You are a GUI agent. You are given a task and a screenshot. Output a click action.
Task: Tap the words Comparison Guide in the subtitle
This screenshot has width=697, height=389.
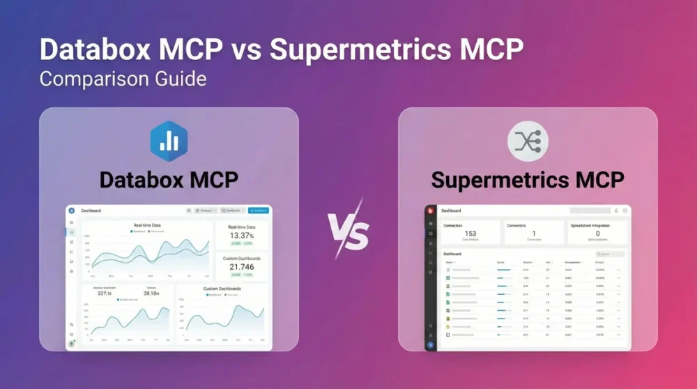click(123, 78)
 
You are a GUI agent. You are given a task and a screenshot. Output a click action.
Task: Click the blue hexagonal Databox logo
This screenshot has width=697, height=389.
click(169, 139)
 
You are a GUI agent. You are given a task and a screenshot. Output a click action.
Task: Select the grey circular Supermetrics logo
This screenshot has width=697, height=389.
click(528, 140)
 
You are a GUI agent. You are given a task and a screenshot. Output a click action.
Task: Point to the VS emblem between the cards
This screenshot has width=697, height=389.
click(348, 229)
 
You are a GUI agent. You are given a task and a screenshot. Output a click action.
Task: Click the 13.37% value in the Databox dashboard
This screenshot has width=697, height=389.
click(242, 236)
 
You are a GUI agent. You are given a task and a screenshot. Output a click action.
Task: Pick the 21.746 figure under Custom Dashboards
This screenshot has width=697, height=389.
click(242, 267)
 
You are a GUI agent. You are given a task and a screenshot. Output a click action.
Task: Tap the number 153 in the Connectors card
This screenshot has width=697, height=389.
click(470, 234)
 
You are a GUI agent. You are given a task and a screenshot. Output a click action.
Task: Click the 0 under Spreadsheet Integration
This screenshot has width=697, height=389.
click(597, 234)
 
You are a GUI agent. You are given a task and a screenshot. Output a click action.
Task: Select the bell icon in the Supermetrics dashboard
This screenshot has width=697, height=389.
click(616, 211)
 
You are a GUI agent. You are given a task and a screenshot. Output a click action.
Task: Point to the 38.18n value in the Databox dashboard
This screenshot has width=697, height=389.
click(151, 293)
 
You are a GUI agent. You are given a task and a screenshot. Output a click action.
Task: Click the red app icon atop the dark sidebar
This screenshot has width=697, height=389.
click(431, 211)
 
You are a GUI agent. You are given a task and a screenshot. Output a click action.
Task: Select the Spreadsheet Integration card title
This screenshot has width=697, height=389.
click(597, 226)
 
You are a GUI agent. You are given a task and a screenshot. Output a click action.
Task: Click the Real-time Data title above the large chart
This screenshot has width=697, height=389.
click(147, 225)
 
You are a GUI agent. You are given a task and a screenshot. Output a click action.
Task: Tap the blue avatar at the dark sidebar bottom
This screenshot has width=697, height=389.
click(431, 344)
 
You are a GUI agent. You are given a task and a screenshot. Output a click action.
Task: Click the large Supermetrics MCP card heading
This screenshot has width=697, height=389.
click(528, 179)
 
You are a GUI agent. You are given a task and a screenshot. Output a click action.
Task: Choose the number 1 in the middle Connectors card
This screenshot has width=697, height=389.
click(534, 234)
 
